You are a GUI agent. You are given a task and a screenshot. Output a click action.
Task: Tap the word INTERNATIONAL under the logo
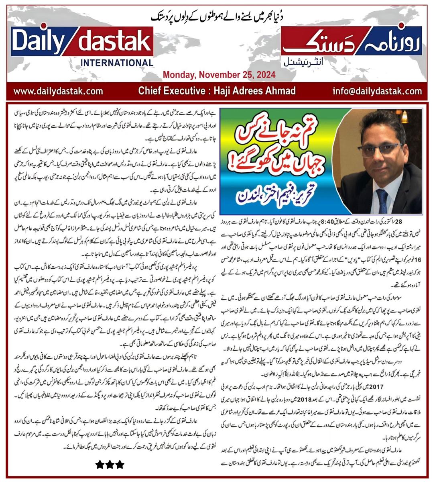click(117, 63)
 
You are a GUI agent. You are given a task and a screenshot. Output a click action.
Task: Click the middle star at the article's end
click(110, 465)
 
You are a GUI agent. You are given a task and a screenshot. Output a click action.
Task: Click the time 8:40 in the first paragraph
click(323, 222)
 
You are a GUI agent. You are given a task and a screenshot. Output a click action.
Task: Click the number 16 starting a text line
click(418, 248)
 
